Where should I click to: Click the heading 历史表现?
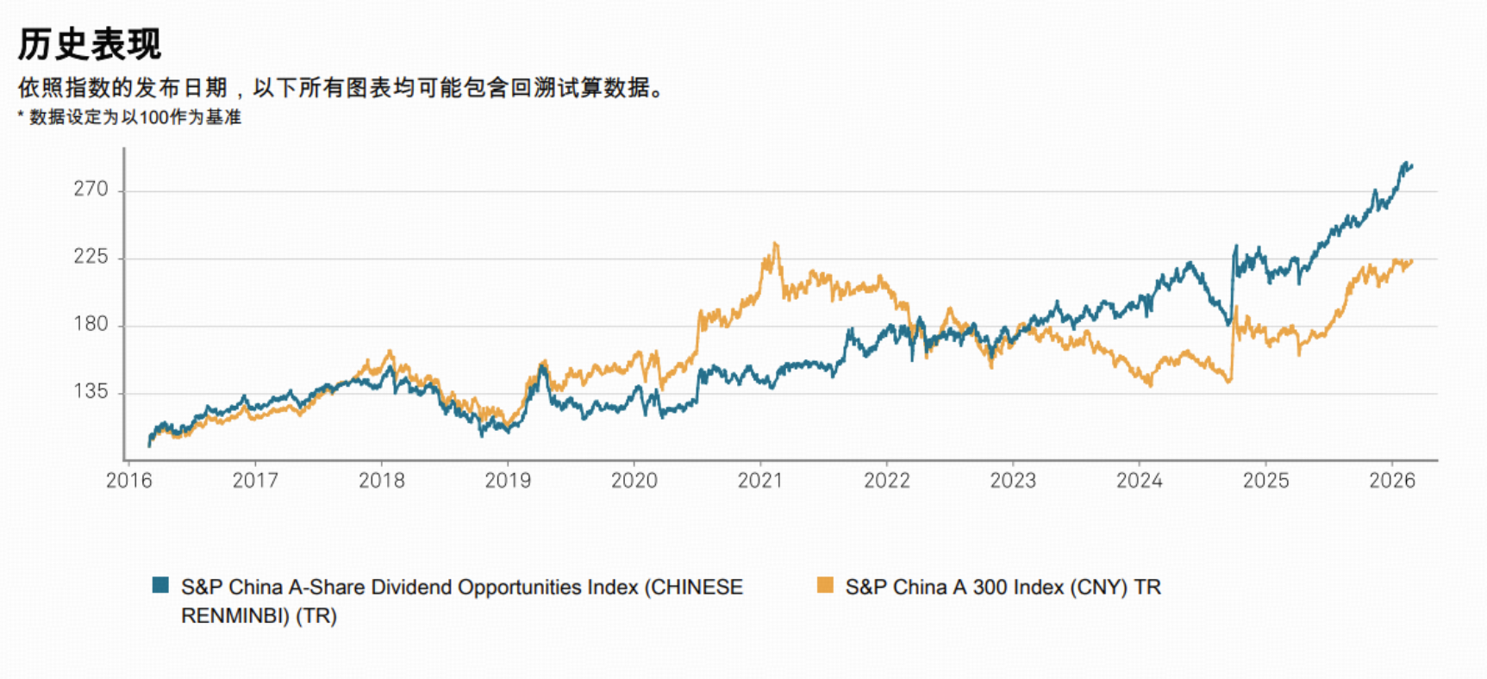(x=90, y=44)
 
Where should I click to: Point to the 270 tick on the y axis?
(x=91, y=190)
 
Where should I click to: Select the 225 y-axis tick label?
(x=91, y=257)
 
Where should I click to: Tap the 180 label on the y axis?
(x=91, y=324)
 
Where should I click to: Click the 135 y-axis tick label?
(x=91, y=392)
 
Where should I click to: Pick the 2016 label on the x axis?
(x=128, y=481)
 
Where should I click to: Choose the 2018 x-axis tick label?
(x=381, y=481)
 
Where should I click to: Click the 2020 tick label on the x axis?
(x=634, y=481)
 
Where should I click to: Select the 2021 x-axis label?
(x=759, y=481)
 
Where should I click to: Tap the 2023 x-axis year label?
(x=1013, y=481)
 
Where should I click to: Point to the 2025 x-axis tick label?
(x=1265, y=481)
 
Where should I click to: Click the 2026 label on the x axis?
(x=1391, y=481)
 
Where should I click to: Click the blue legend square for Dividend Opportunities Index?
(x=160, y=586)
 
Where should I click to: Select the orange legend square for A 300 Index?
(x=825, y=586)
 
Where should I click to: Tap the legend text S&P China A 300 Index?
(x=1003, y=588)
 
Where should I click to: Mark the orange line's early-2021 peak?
(x=776, y=244)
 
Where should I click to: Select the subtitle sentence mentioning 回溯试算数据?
(x=343, y=88)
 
